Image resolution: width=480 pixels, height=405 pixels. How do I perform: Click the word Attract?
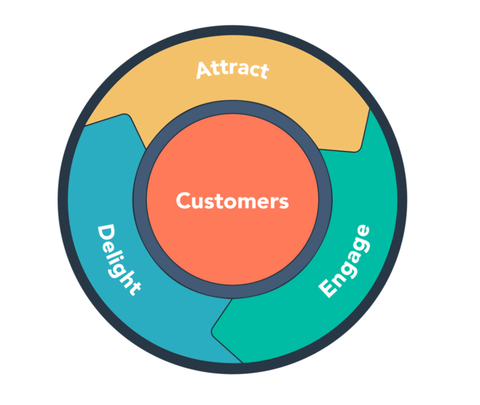[232, 69]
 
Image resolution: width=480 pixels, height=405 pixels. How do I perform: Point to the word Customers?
[232, 201]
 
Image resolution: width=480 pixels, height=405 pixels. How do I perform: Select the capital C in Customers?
[183, 201]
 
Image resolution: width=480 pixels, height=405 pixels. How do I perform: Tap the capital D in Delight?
[105, 233]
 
